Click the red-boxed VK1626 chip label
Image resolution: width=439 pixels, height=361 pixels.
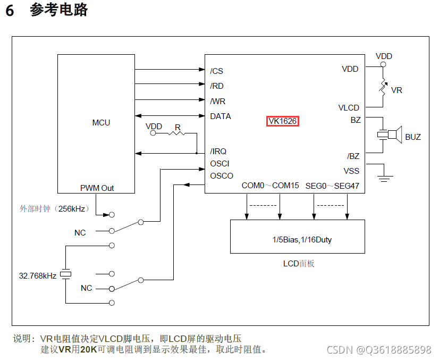pyautogui.click(x=282, y=121)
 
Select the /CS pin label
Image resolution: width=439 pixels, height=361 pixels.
pyautogui.click(x=216, y=71)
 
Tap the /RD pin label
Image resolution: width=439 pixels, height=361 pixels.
pyautogui.click(x=217, y=86)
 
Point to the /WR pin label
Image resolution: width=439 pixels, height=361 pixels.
pyautogui.click(x=217, y=101)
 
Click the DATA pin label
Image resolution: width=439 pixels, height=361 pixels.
pyautogui.click(x=221, y=116)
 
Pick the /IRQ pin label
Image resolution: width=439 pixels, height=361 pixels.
pyautogui.click(x=218, y=152)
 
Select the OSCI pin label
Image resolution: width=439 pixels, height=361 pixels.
pyautogui.click(x=220, y=164)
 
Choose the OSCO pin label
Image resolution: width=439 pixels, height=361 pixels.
pyautogui.click(x=222, y=176)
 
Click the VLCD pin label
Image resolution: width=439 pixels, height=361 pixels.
pyautogui.click(x=349, y=108)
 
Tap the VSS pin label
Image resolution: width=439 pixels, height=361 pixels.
pyautogui.click(x=351, y=171)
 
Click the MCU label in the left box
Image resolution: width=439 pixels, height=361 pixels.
pyautogui.click(x=101, y=123)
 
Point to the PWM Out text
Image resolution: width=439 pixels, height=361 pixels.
pyautogui.click(x=97, y=188)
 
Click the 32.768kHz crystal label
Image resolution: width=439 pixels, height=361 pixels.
pyautogui.click(x=37, y=276)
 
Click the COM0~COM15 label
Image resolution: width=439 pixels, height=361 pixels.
pyautogui.click(x=270, y=186)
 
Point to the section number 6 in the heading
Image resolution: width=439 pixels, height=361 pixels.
pyautogui.click(x=10, y=11)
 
